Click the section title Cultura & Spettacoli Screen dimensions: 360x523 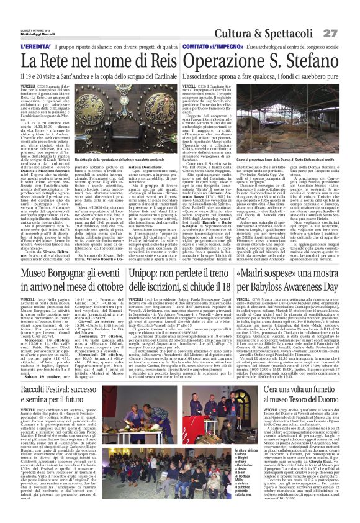[277, 32]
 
